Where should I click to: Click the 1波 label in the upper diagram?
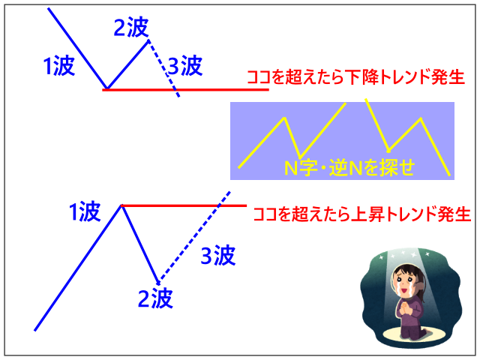[59, 66]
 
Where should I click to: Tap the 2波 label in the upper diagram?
[131, 27]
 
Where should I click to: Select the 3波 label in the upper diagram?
[185, 65]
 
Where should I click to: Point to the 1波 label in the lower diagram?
[85, 211]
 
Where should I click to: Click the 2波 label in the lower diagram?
[155, 298]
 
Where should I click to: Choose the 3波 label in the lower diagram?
[218, 255]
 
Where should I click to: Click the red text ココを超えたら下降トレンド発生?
[355, 77]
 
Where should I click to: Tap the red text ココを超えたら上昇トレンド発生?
[361, 214]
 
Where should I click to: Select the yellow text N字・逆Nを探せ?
[349, 167]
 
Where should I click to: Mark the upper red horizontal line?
[185, 90]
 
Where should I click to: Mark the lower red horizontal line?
[184, 205]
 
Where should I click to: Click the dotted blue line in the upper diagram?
[163, 68]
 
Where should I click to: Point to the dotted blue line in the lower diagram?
[193, 236]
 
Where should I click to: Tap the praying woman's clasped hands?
[405, 308]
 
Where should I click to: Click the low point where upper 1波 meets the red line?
[106, 89]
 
